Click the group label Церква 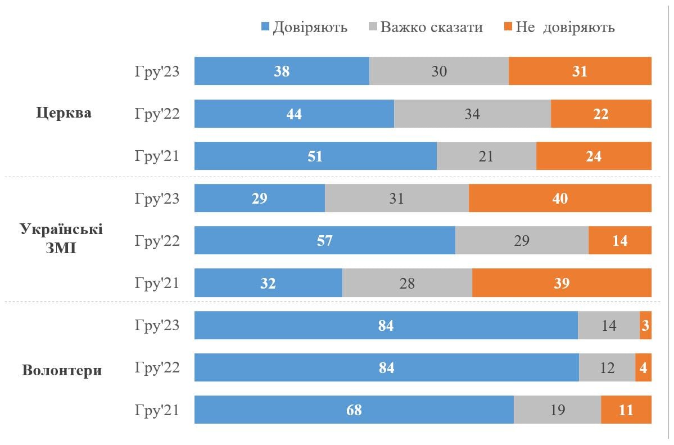(64, 113)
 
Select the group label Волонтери (62, 371)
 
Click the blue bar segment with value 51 (315, 156)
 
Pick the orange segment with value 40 (560, 198)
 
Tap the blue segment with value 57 (324, 240)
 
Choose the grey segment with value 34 (472, 114)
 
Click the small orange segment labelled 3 (645, 325)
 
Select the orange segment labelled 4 (643, 367)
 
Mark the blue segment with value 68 (354, 410)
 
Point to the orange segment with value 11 (626, 410)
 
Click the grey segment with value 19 (557, 410)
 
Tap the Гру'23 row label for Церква (157, 71)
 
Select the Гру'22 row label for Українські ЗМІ (157, 240)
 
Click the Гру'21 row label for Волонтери (157, 410)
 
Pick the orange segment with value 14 (619, 240)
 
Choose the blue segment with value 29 (260, 198)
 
